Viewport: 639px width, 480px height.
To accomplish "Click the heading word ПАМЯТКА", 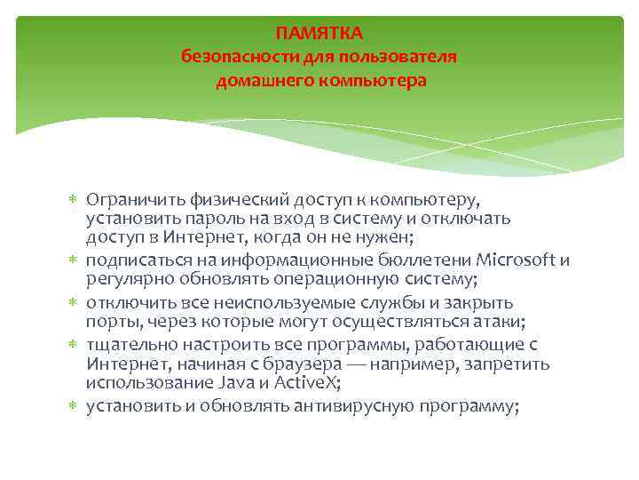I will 319,34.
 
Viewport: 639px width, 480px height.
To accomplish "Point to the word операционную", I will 325,279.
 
